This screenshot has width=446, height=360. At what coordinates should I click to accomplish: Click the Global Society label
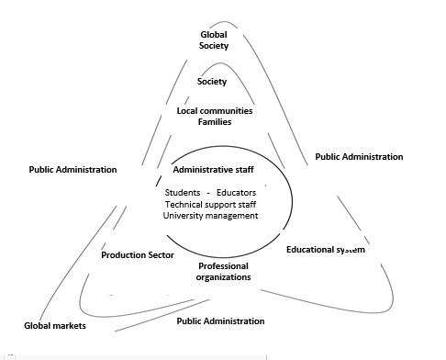[214, 39]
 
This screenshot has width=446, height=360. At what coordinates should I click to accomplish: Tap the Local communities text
[214, 111]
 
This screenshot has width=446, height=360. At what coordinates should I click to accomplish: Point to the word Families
[214, 122]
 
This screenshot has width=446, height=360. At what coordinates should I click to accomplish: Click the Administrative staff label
[214, 170]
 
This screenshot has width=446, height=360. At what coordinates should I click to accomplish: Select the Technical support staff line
[212, 204]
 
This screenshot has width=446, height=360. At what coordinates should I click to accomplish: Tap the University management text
[211, 216]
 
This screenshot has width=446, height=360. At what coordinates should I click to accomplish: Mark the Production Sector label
[138, 255]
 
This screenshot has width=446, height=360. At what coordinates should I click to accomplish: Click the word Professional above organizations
[224, 265]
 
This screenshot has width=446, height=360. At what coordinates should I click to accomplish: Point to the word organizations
[224, 276]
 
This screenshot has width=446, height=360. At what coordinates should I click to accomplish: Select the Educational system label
[326, 250]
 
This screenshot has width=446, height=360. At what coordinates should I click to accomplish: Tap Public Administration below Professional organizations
[220, 321]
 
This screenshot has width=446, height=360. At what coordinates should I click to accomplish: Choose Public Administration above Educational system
[359, 157]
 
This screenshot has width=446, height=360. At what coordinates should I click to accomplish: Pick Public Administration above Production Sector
[72, 170]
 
